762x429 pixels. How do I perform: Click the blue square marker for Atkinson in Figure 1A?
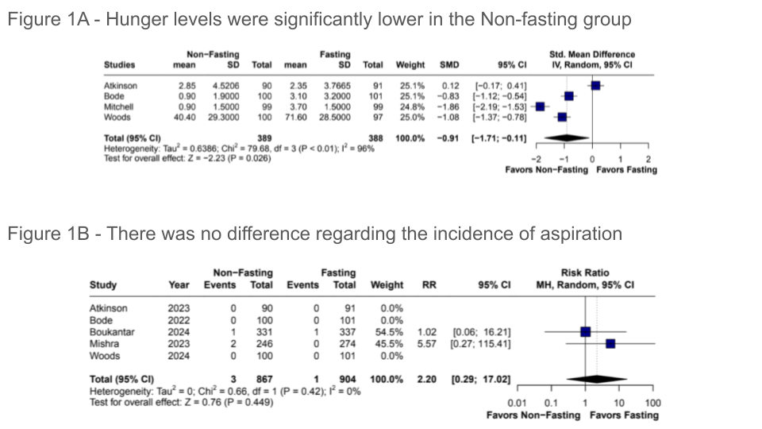[595, 85]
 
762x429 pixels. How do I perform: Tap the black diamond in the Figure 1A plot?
[569, 137]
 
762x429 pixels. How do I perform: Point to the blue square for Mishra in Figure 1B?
[610, 343]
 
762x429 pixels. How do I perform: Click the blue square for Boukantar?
[585, 332]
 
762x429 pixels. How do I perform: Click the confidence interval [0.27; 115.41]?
[480, 343]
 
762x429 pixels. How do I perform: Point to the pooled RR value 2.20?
[426, 378]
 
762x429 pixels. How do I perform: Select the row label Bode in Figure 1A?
[116, 95]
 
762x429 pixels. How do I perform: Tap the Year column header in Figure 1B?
[179, 284]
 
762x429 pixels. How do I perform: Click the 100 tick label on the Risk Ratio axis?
[652, 403]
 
